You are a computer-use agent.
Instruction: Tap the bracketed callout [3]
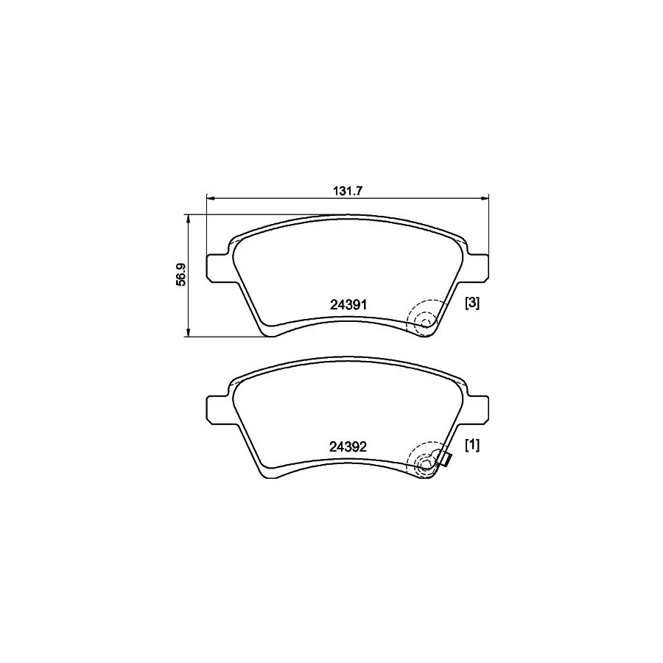[472, 303]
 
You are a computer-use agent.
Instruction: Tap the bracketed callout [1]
[472, 444]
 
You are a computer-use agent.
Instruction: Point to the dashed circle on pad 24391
[425, 318]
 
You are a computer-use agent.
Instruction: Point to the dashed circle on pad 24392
[425, 460]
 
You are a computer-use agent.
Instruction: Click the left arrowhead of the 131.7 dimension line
[209, 197]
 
